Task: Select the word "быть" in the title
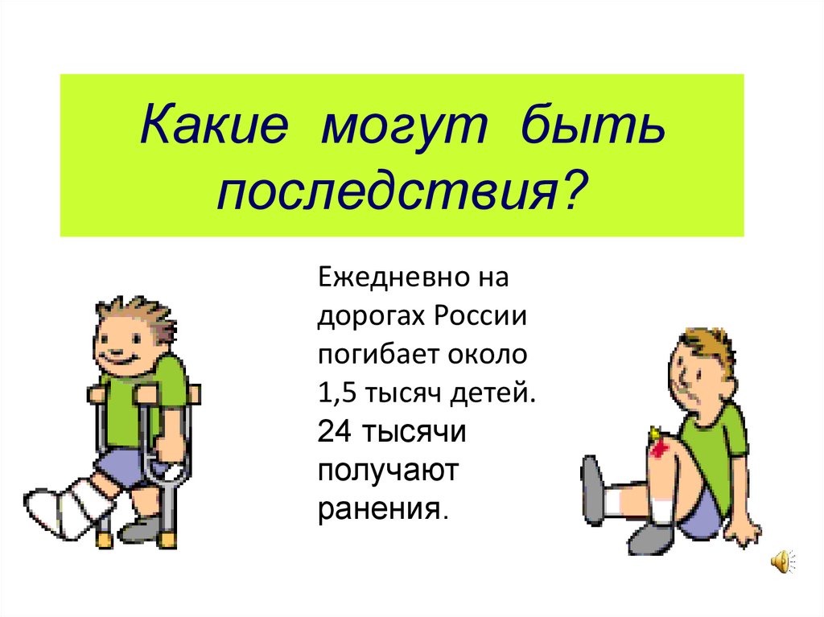pyautogui.click(x=591, y=129)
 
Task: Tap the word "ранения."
pyautogui.click(x=381, y=508)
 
